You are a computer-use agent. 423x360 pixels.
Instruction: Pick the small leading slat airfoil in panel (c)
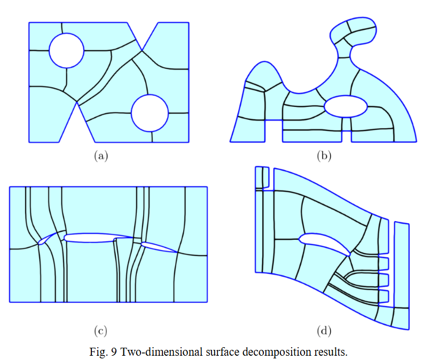tap(48, 238)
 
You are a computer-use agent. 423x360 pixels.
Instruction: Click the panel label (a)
tap(101, 156)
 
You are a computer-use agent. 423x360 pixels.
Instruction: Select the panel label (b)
tap(324, 156)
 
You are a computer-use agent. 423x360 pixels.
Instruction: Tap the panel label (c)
tap(100, 331)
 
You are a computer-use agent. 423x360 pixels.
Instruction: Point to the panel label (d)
tap(324, 331)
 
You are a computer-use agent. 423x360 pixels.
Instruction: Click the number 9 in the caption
tap(114, 352)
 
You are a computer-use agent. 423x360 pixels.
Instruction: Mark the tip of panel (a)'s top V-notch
tap(142, 50)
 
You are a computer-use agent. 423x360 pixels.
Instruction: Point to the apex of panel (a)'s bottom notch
tap(77, 101)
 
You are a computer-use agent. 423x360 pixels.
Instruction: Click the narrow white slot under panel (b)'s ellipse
tap(347, 136)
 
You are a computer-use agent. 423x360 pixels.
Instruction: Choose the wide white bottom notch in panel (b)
tap(274, 131)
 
